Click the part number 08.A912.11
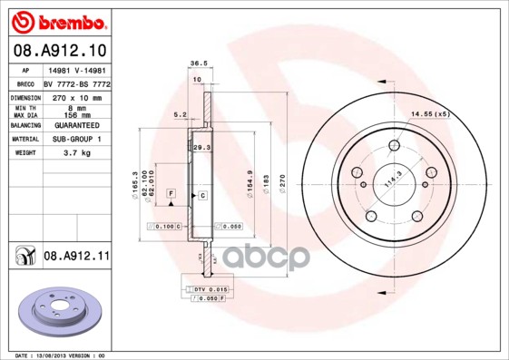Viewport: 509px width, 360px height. pos(76,258)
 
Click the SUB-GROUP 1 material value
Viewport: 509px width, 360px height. pos(73,139)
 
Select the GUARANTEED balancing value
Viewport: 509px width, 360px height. pos(73,124)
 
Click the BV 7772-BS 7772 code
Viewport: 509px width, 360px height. pos(77,82)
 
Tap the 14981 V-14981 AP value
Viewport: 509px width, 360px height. pos(75,69)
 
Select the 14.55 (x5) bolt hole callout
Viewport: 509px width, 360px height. pos(430,113)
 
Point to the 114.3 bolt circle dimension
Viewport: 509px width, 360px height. pos(391,178)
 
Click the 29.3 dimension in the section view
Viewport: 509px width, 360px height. pos(201,146)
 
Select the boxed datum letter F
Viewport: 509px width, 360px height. pos(170,194)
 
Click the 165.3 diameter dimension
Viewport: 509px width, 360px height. pos(135,186)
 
